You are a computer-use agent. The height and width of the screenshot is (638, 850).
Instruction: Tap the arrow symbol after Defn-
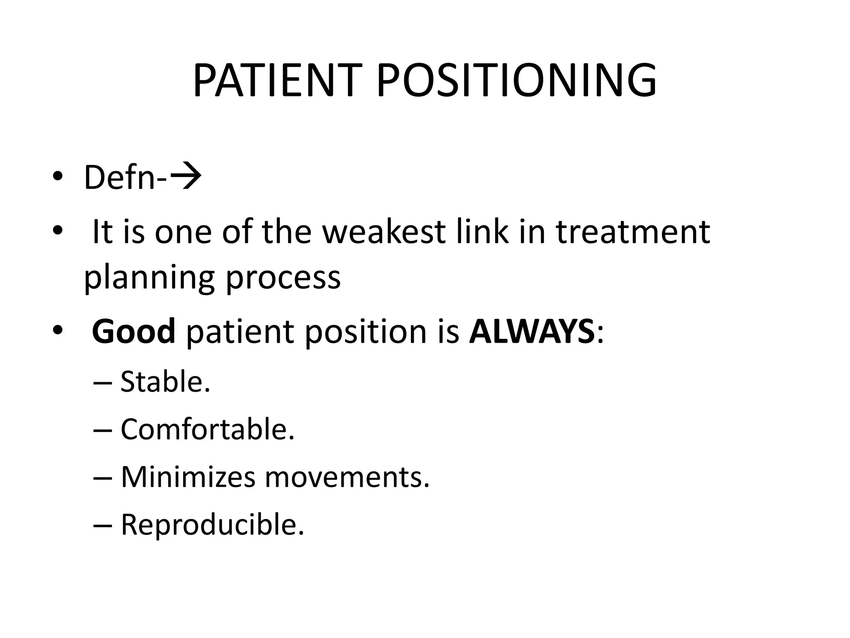pos(186,177)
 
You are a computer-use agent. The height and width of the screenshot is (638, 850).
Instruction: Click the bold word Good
pos(134,331)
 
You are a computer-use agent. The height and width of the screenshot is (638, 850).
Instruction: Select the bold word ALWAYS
pos(532,331)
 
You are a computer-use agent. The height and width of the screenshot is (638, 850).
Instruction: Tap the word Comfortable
pos(207,429)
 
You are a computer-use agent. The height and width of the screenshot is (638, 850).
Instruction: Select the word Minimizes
pos(188,477)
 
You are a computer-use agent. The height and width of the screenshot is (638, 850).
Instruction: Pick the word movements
pos(347,477)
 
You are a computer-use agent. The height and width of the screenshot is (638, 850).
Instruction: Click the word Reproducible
pos(212,525)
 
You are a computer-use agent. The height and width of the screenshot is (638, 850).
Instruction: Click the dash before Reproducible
pos(103,525)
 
